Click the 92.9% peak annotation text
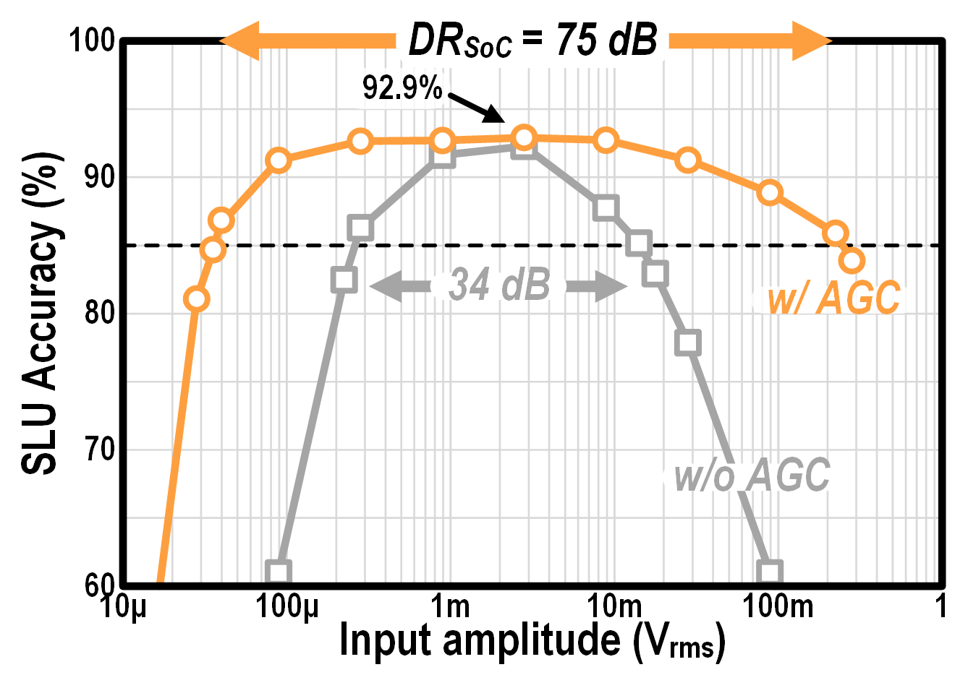pyautogui.click(x=402, y=88)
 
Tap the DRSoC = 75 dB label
pyautogui.click(x=533, y=40)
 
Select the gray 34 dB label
pyautogui.click(x=499, y=285)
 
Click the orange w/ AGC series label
pyautogui.click(x=833, y=298)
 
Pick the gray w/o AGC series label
pyautogui.click(x=751, y=476)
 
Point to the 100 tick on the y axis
pyautogui.click(x=92, y=40)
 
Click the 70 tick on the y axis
pyautogui.click(x=100, y=450)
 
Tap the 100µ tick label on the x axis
pyautogui.click(x=287, y=606)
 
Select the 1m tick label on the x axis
pyautogui.click(x=450, y=606)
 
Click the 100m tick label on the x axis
pyautogui.click(x=778, y=606)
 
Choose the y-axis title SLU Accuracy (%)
pyautogui.click(x=40, y=313)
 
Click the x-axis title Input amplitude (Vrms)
pyautogui.click(x=532, y=641)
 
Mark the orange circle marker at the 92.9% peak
pyautogui.click(x=525, y=137)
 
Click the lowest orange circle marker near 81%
pyautogui.click(x=196, y=298)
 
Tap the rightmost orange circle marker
pyautogui.click(x=852, y=261)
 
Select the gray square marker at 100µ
pyautogui.click(x=279, y=572)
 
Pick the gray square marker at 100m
pyautogui.click(x=770, y=572)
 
